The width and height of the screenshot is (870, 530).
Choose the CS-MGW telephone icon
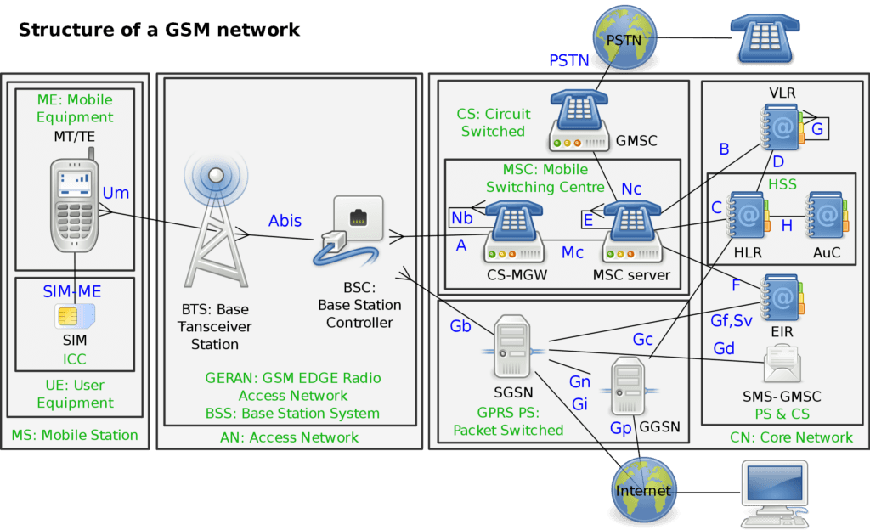[515, 230]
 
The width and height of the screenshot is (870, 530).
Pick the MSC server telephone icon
[633, 230]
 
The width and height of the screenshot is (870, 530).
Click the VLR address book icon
[781, 127]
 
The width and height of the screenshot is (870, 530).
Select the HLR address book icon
[747, 216]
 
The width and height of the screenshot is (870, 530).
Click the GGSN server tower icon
[630, 386]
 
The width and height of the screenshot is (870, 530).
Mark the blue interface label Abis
[285, 220]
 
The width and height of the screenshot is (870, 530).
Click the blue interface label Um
[116, 193]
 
